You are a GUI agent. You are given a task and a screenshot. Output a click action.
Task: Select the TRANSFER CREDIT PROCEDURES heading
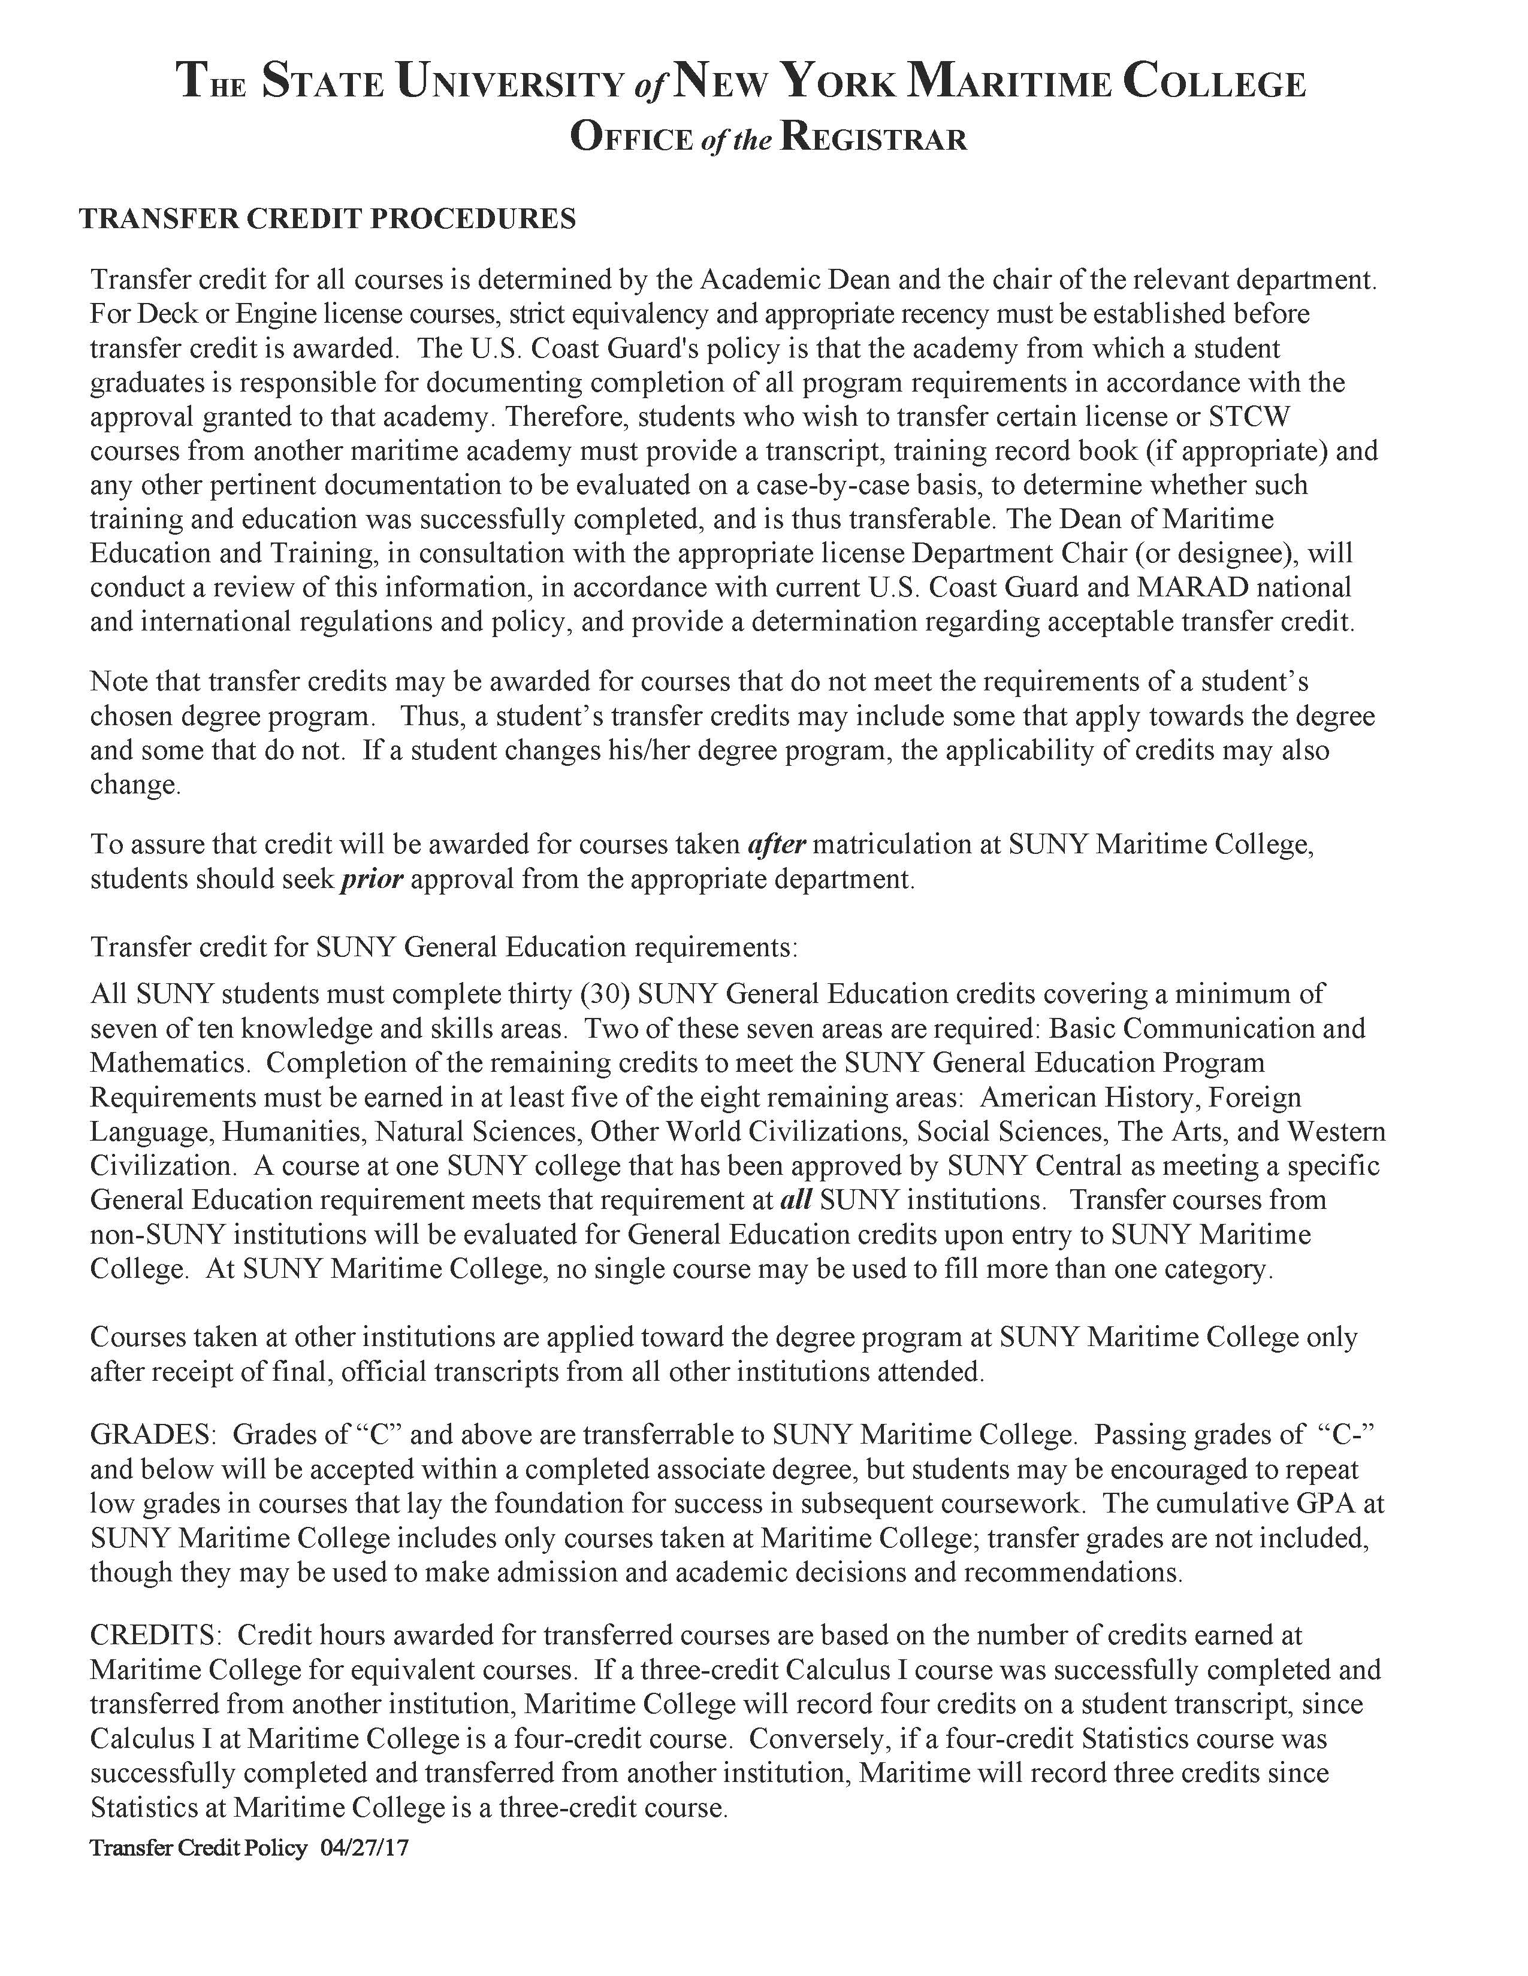328,219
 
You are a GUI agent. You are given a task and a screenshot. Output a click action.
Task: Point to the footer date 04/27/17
365,1847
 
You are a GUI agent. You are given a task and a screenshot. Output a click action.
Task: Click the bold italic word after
777,844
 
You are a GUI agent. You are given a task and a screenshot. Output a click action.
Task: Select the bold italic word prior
371,878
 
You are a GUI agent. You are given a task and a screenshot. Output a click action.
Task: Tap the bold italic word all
796,1200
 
